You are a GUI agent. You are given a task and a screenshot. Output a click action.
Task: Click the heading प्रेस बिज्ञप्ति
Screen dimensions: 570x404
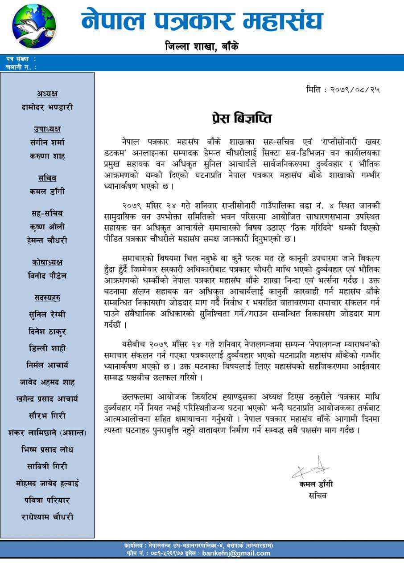[x=241, y=118]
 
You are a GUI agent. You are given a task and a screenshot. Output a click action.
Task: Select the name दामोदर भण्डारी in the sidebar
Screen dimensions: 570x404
[x=47, y=107]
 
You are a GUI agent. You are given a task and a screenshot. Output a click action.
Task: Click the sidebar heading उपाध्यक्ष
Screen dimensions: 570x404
[x=47, y=129]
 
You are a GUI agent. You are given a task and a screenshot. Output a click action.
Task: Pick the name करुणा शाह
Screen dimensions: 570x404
[x=47, y=156]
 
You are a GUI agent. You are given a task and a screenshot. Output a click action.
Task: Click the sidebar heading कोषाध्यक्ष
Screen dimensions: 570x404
[x=47, y=262]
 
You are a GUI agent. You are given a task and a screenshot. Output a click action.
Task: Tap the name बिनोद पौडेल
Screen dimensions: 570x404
[x=47, y=276]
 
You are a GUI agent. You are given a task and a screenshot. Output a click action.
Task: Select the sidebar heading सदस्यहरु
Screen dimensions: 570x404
[x=47, y=297]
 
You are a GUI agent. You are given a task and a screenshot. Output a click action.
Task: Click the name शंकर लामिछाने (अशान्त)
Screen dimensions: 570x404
[x=47, y=432]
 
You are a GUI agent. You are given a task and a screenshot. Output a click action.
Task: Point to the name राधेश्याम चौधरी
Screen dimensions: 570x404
[x=47, y=517]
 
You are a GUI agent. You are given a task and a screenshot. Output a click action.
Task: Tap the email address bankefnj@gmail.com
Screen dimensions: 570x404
[x=236, y=554]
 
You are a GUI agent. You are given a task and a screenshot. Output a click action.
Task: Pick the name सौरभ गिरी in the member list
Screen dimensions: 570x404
[x=47, y=415]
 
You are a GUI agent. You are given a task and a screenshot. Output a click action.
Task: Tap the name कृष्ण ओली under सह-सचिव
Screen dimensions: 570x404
[x=47, y=227]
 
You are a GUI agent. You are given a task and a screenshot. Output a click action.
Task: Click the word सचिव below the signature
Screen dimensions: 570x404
[x=317, y=495]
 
